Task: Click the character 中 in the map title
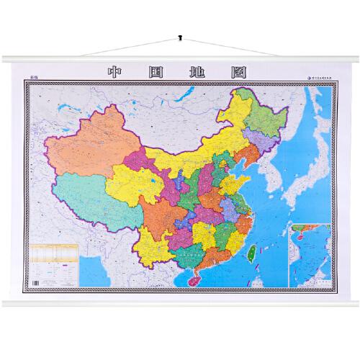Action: (113, 73)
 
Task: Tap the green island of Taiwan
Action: (253, 252)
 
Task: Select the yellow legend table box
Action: (55, 256)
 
